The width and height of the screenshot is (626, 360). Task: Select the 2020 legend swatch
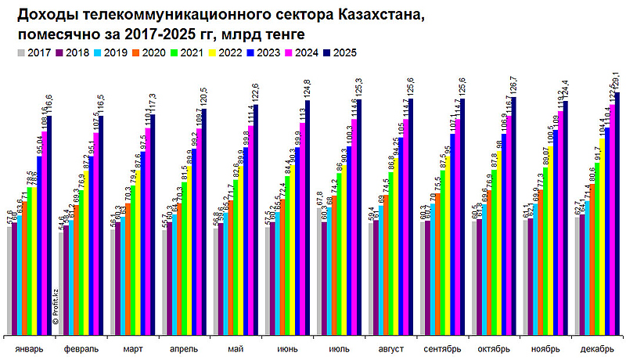point(137,52)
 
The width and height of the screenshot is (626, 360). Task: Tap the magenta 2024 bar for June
point(302,227)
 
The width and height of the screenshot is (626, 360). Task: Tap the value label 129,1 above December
point(617,80)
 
